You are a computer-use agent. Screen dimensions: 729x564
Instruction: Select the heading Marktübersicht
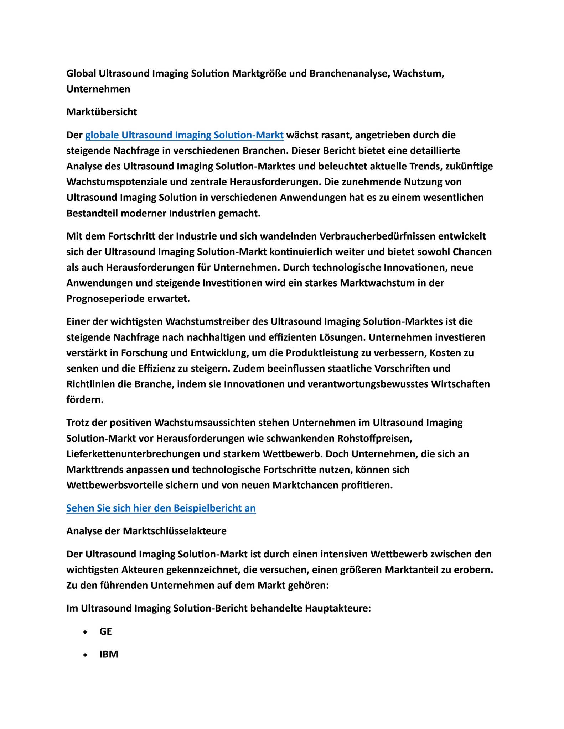pos(102,112)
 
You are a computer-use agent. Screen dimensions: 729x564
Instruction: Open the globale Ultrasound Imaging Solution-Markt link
pos(184,135)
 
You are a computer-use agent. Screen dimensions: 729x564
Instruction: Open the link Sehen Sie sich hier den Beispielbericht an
pos(161,508)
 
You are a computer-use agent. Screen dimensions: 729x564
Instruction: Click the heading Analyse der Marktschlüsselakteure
pos(146,531)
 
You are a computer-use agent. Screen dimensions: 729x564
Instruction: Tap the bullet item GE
pos(105,631)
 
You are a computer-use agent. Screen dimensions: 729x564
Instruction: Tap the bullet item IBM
pos(109,654)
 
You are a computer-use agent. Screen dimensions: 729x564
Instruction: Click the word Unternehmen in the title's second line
pos(98,89)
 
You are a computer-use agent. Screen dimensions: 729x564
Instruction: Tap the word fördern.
pos(85,400)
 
